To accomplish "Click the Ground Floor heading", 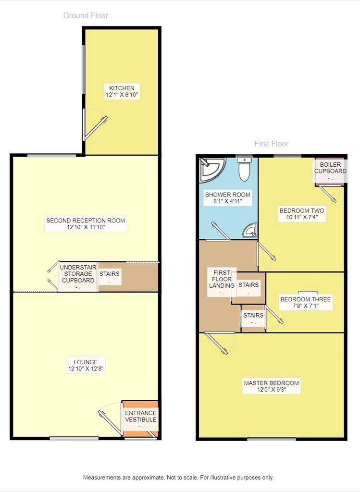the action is [86, 15].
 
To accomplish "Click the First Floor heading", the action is [271, 144].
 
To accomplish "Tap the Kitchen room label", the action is [122, 88].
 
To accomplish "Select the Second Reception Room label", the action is [86, 220].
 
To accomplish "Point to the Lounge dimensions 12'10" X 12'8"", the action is [86, 369].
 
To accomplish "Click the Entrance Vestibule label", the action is [141, 417].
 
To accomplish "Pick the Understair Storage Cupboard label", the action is [78, 274].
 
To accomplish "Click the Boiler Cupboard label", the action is [330, 168].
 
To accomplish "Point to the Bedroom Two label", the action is [302, 210].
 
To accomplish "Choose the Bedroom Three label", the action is [306, 299].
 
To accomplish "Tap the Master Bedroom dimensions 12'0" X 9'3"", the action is [272, 390].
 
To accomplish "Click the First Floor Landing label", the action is [222, 279].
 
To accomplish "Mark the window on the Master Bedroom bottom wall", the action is [272, 439].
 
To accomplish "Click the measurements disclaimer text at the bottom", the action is [178, 478].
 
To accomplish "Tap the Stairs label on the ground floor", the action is [110, 273].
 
